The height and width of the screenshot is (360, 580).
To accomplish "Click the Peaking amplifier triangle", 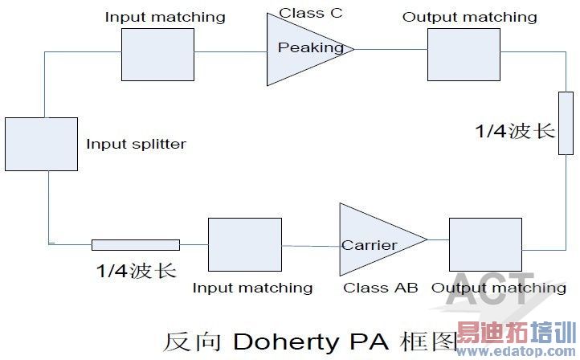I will pyautogui.click(x=301, y=49).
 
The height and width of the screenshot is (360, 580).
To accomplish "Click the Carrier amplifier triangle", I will pyautogui.click(x=374, y=239).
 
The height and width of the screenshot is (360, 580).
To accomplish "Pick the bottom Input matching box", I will pyautogui.click(x=244, y=245).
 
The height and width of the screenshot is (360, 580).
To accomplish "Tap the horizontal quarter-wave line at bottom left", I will pyautogui.click(x=135, y=244).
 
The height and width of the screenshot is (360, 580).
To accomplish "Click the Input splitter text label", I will pyautogui.click(x=136, y=145).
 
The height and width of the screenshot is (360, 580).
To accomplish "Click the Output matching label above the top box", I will pyautogui.click(x=470, y=16).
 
